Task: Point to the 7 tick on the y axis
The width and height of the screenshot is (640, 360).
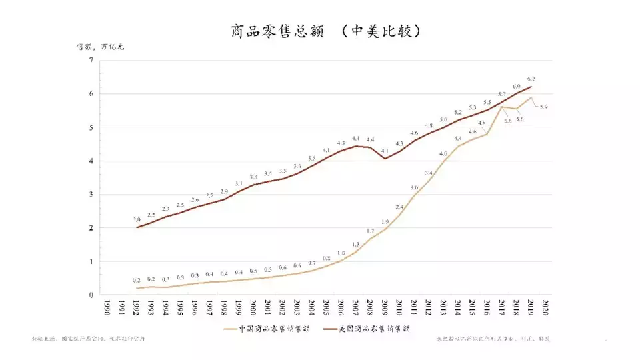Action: (90, 61)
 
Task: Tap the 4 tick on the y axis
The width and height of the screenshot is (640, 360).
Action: (90, 161)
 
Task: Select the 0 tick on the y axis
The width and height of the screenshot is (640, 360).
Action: (90, 295)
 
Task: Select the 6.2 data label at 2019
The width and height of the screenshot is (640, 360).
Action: (531, 79)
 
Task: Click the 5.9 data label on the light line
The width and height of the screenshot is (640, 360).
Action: (544, 107)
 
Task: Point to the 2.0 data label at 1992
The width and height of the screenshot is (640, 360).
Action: (136, 219)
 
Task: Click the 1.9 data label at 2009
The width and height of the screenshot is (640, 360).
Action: (385, 221)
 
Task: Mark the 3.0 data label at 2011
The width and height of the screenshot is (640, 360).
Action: (414, 188)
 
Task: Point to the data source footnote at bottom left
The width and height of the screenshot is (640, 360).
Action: (87, 339)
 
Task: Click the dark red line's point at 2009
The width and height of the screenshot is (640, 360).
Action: (385, 159)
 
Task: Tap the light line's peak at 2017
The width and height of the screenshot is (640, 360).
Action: (501, 107)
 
